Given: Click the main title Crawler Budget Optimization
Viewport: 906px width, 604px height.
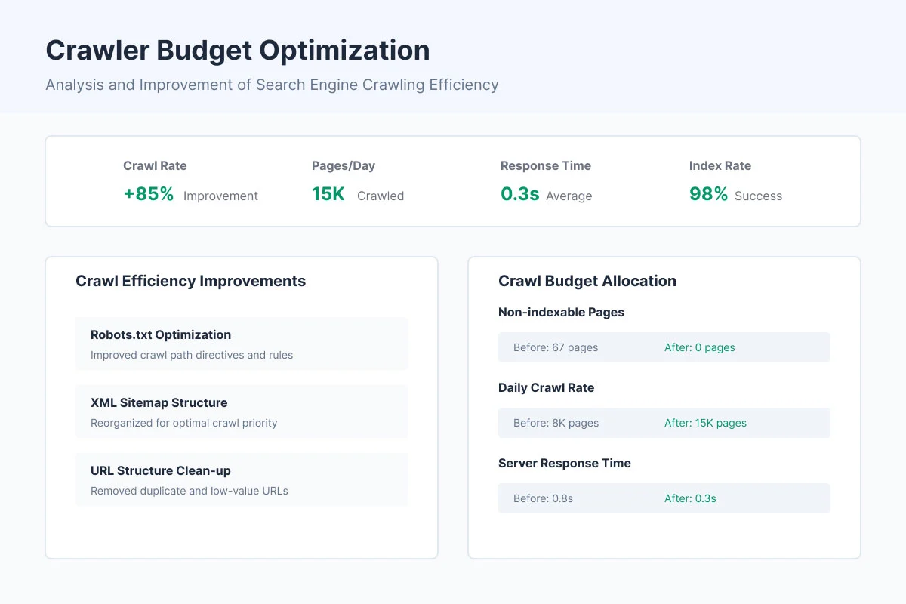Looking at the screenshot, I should (x=237, y=51).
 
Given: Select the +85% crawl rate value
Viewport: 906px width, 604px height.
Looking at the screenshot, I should (x=149, y=194).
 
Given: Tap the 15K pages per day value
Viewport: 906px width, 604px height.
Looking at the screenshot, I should (x=328, y=194).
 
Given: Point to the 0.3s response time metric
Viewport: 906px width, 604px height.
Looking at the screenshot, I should (x=519, y=194).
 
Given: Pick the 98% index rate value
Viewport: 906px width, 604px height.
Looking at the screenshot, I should (x=708, y=194).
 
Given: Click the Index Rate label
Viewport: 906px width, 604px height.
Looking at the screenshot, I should (x=720, y=165).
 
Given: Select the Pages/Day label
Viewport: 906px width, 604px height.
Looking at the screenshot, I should (x=343, y=165).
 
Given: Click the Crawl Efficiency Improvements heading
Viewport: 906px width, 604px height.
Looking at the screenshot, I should (x=190, y=281).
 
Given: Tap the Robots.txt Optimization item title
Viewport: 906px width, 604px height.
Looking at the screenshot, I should (x=161, y=334).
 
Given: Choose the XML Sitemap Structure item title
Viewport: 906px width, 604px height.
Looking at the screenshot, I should (x=159, y=402).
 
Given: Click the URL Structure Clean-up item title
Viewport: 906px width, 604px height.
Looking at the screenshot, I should (x=161, y=470).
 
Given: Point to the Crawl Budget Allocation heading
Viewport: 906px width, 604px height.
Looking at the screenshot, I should (x=587, y=281).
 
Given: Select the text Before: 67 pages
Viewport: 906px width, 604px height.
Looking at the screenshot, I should (x=555, y=347).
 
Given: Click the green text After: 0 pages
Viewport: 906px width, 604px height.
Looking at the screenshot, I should (x=699, y=347).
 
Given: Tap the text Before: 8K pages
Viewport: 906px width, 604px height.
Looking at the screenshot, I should (x=556, y=423).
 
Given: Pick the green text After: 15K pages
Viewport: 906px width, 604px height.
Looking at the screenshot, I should (x=705, y=423).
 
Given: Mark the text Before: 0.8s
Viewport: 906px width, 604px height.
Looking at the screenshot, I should (x=543, y=498).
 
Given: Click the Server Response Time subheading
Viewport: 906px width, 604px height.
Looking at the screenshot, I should (x=564, y=463).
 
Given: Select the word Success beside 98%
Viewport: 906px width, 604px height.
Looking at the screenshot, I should (x=758, y=196).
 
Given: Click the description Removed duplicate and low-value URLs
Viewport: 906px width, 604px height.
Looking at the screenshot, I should (x=189, y=491).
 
